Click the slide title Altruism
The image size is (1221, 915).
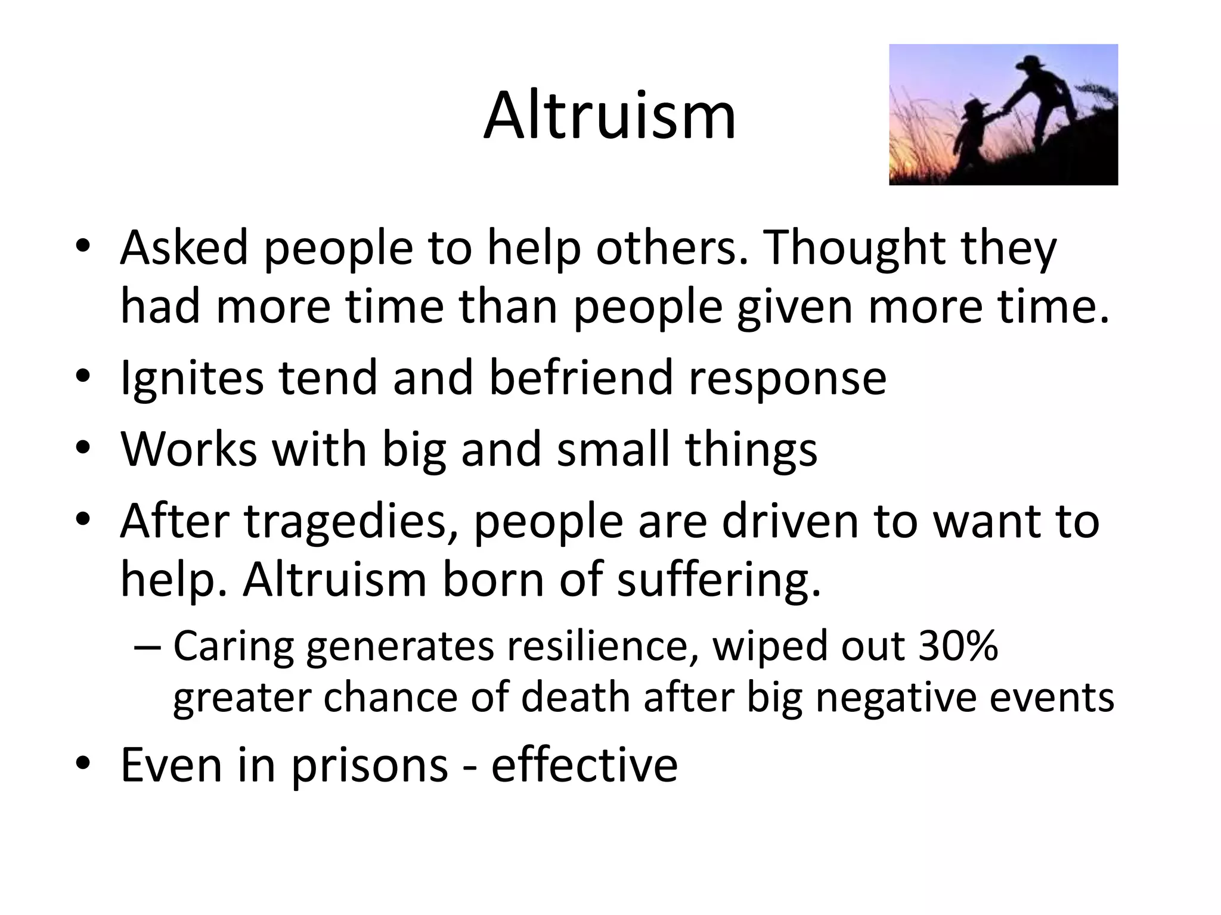(609, 116)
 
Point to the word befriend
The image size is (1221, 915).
(582, 377)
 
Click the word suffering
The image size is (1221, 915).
(718, 581)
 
